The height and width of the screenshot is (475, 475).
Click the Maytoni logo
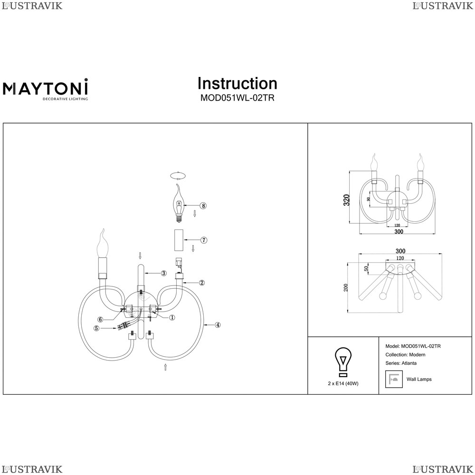[x=46, y=89]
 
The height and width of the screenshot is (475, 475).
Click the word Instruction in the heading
[x=237, y=83]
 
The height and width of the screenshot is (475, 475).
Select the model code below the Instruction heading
[x=237, y=98]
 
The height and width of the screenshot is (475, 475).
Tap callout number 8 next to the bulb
[x=203, y=206]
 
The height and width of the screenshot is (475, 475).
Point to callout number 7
[x=204, y=240]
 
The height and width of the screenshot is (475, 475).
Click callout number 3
[x=163, y=273]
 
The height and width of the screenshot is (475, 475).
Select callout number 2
[x=202, y=283]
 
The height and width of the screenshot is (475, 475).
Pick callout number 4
[x=217, y=325]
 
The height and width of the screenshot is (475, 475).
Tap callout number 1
[x=172, y=317]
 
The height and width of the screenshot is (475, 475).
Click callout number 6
[x=101, y=319]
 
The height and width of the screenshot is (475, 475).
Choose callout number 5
[x=96, y=328]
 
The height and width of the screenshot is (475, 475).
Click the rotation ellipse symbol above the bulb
[x=178, y=175]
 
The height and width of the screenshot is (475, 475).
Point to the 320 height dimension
[x=347, y=200]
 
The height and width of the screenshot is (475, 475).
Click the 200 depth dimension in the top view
[x=346, y=287]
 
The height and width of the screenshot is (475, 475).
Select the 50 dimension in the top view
[x=367, y=268]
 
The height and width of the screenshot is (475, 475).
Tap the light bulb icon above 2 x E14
[x=343, y=362]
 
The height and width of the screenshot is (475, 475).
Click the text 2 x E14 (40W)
[x=343, y=383]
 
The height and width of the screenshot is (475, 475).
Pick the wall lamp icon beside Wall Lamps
[x=394, y=379]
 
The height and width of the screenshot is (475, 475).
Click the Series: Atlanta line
[x=401, y=363]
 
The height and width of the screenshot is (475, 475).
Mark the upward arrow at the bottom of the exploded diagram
[x=165, y=367]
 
